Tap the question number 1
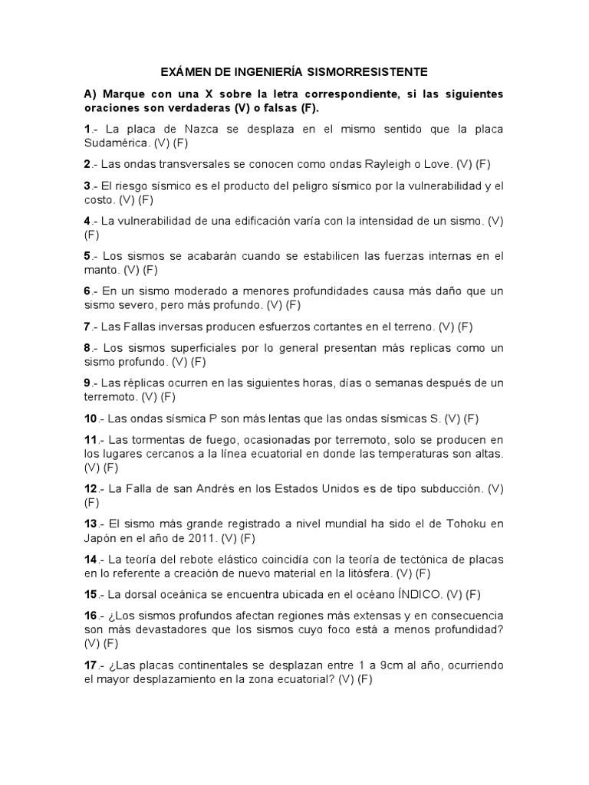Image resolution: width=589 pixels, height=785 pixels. [87, 129]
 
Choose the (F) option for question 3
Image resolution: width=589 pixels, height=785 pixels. [145, 199]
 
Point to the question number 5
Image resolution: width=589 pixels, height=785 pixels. [87, 255]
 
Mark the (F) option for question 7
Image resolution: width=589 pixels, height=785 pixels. [464, 326]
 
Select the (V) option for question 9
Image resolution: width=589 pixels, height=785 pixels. [141, 396]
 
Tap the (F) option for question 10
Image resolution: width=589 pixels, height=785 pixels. [472, 418]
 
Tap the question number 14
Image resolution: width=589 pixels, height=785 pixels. [91, 559]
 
